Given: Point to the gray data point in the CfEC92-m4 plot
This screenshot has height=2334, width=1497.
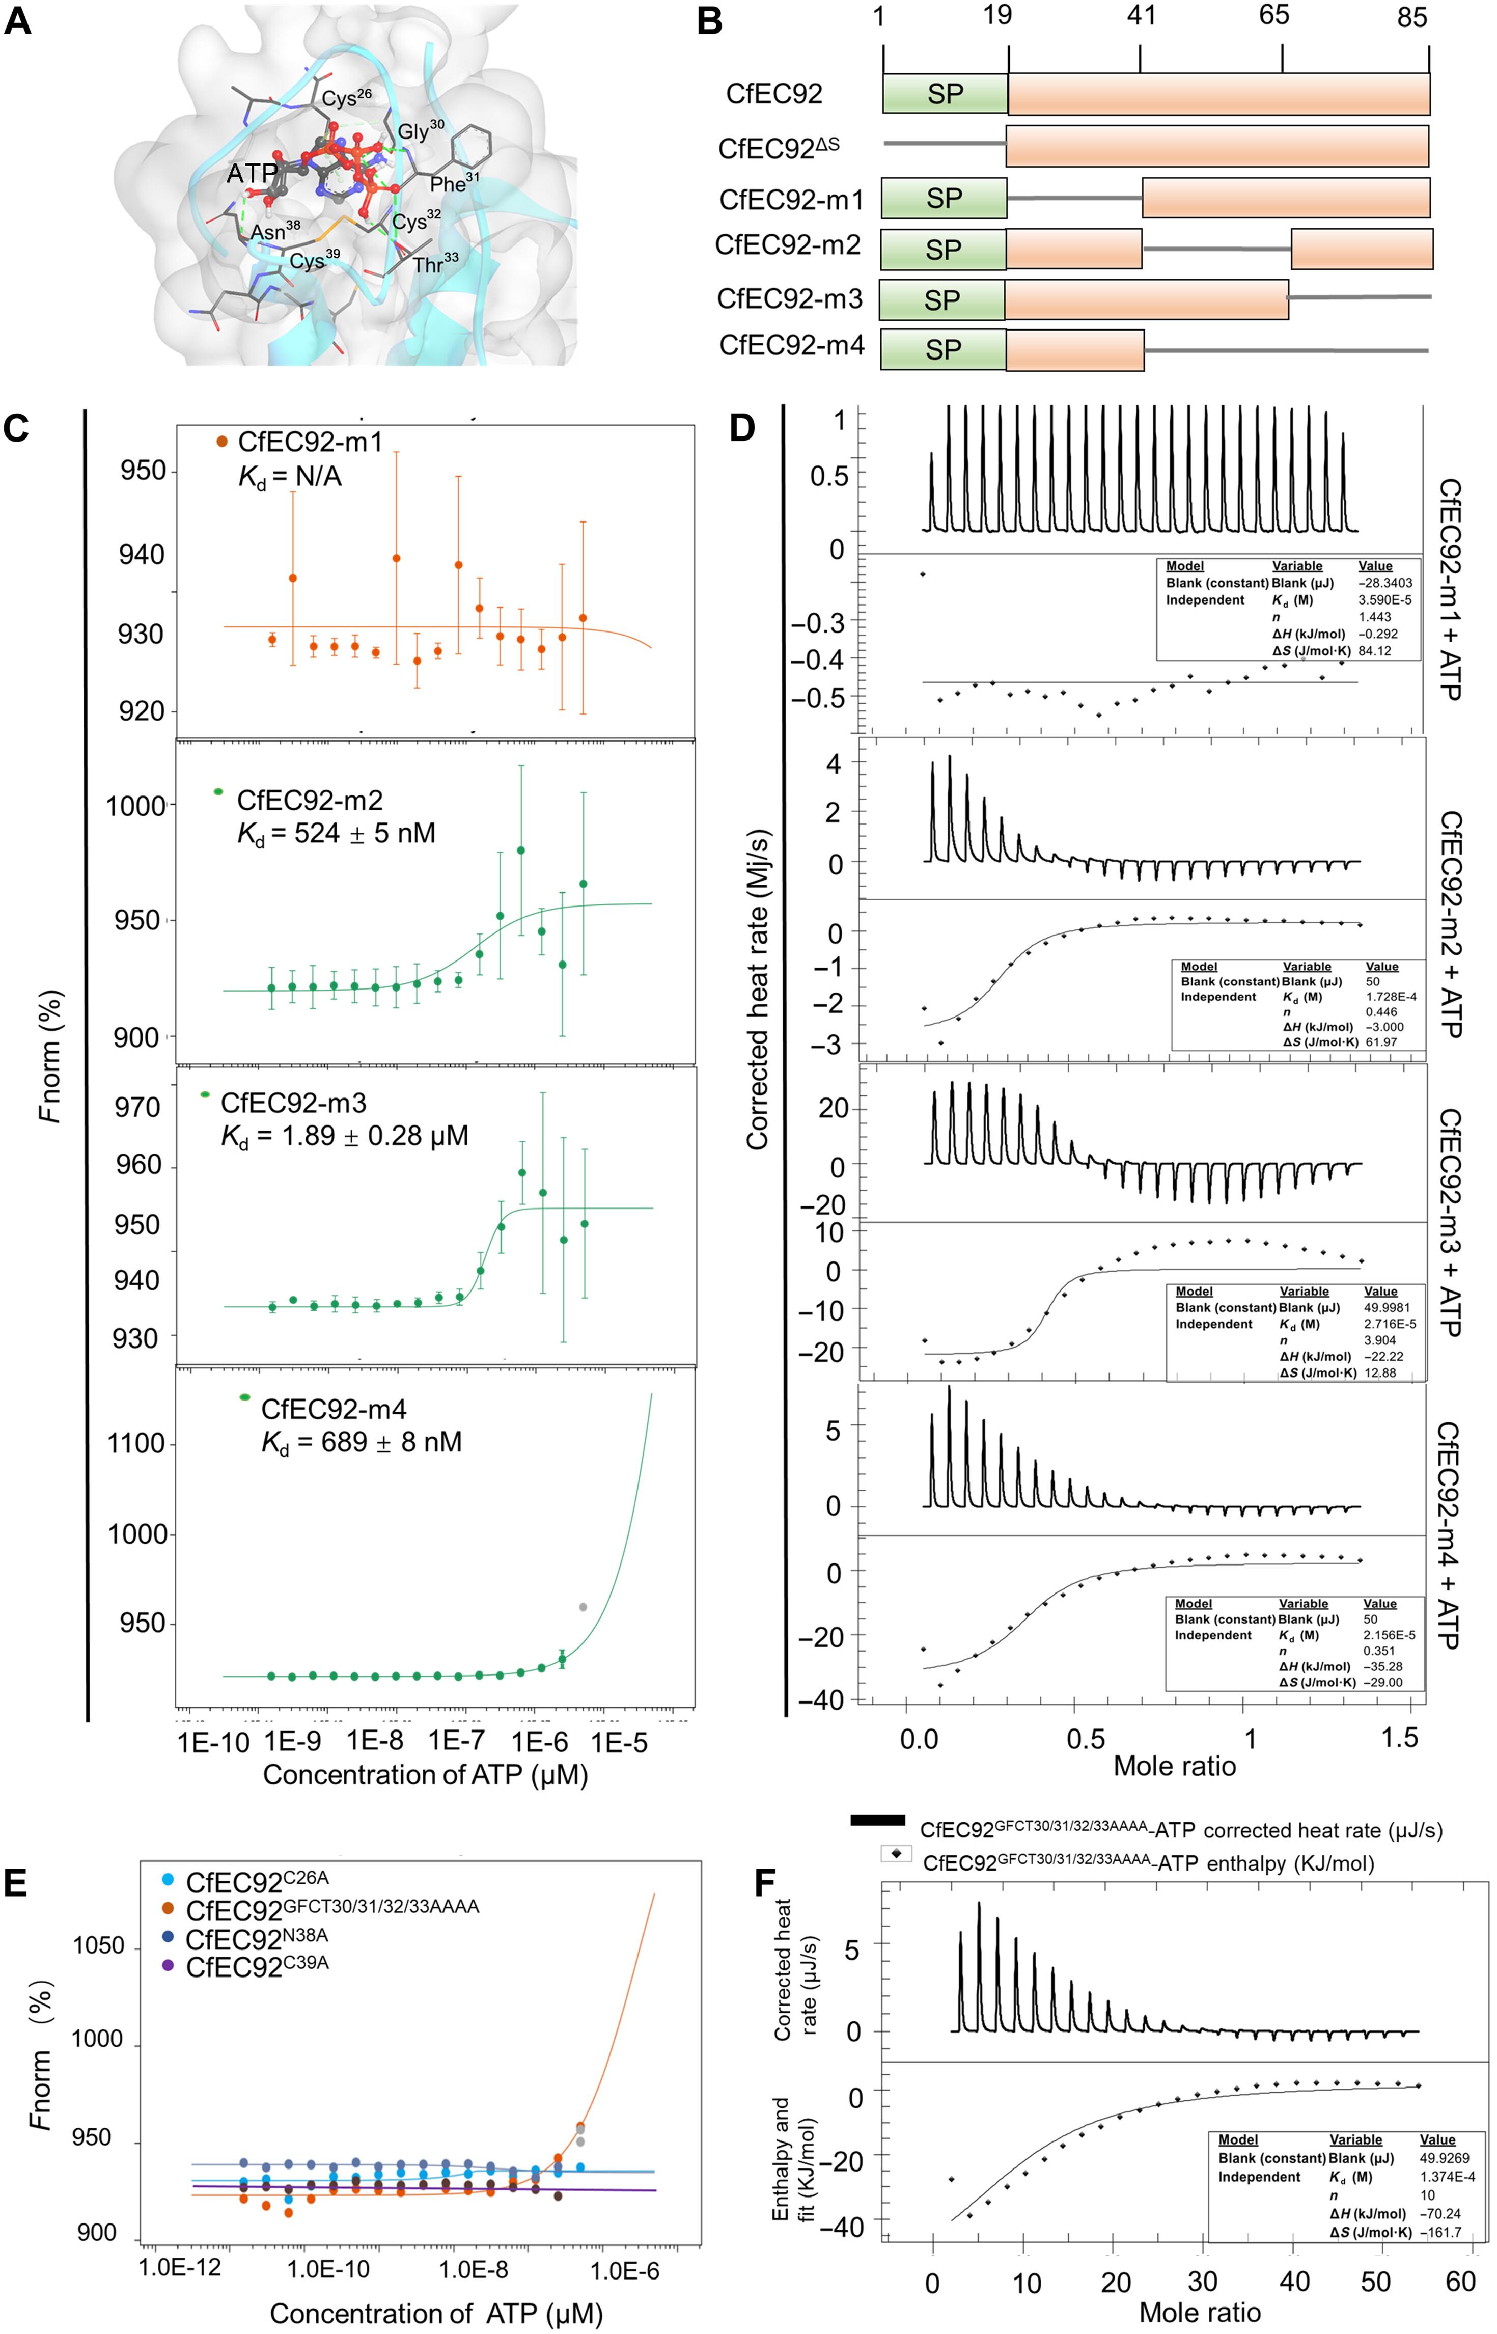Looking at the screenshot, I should tap(583, 1608).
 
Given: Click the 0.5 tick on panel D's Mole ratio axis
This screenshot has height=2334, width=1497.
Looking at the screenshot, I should tap(1086, 1737).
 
